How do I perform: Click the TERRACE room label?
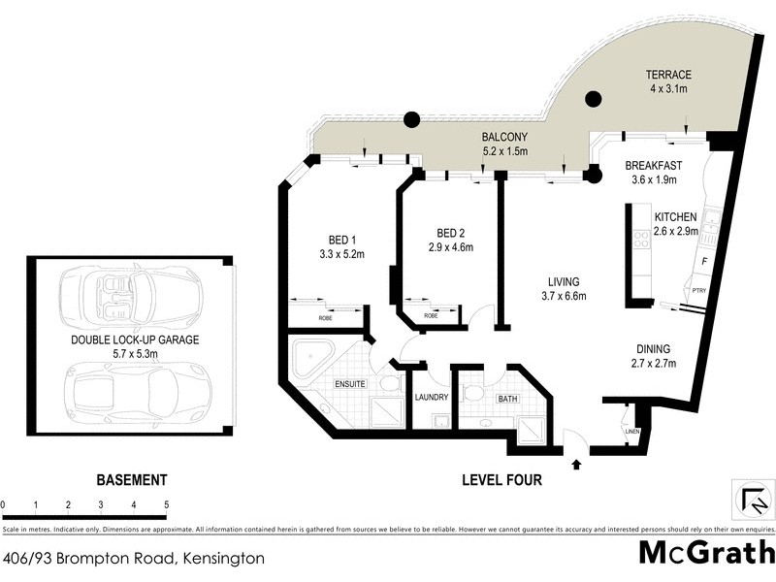click(x=669, y=75)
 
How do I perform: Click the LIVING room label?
click(x=563, y=282)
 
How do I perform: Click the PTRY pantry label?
click(x=700, y=290)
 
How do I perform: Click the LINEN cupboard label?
click(x=631, y=431)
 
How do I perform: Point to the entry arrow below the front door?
click(x=578, y=465)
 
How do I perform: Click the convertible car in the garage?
click(x=128, y=296)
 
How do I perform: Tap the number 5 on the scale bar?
click(x=167, y=504)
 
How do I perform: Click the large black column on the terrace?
click(x=593, y=98)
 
